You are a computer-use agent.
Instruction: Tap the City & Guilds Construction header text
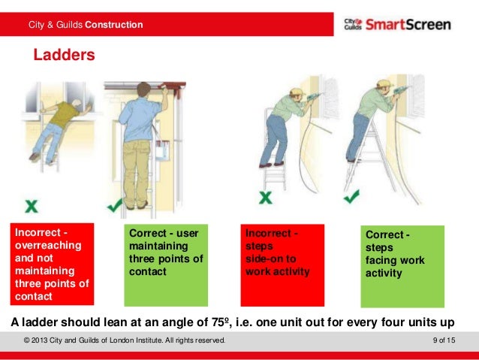85,25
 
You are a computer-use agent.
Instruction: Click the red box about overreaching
51,264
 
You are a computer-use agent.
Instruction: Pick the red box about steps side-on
283,264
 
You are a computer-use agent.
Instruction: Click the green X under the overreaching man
31,204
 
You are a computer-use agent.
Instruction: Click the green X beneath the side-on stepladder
264,198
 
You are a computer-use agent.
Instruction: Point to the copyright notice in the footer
124,342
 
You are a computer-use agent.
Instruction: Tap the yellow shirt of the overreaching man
67,113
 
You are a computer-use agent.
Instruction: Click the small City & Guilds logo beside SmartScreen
354,24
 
